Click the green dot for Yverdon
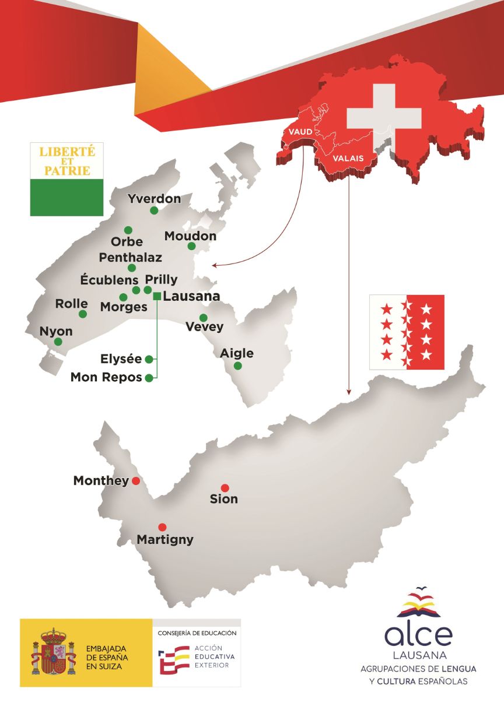(x=154, y=210)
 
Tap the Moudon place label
(x=190, y=236)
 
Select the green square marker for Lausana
(x=157, y=296)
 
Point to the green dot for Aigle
(x=237, y=366)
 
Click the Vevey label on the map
(x=204, y=326)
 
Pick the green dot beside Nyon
(x=58, y=342)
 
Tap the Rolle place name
(x=71, y=304)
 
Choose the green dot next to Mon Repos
(x=149, y=378)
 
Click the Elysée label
(x=121, y=359)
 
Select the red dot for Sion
(x=225, y=488)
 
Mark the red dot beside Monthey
(x=136, y=481)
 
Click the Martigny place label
(x=165, y=540)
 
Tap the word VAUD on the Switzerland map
(x=300, y=132)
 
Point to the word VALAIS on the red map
(x=348, y=158)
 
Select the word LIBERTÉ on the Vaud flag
(x=66, y=152)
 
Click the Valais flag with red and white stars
(x=407, y=332)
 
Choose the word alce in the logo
(x=418, y=635)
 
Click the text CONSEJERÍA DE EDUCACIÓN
(x=197, y=633)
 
